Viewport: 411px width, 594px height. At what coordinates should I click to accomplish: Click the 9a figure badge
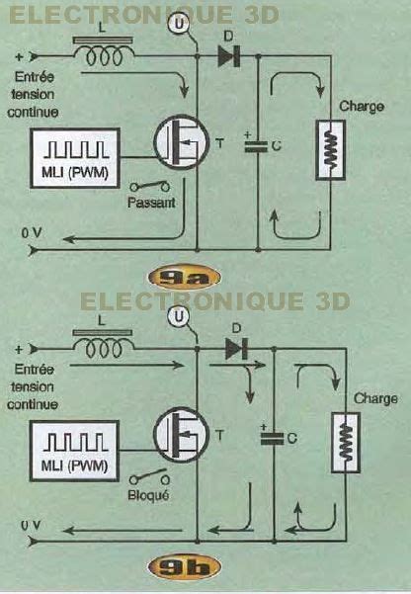(184, 278)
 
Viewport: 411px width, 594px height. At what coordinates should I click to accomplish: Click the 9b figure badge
(184, 567)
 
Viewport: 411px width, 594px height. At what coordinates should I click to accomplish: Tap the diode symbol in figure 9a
(229, 56)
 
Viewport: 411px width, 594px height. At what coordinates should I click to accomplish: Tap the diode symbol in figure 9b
(236, 349)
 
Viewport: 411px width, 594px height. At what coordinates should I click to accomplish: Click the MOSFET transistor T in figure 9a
(182, 142)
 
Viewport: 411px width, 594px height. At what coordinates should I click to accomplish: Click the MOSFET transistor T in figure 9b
(181, 435)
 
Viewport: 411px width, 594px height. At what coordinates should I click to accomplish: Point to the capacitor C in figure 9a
(256, 146)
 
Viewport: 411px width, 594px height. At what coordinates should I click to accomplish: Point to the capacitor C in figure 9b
(272, 438)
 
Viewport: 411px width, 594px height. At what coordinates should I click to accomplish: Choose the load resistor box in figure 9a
(331, 149)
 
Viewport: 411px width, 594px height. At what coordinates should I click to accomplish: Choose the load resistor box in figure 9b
(346, 443)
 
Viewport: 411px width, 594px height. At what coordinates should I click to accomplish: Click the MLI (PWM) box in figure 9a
(75, 158)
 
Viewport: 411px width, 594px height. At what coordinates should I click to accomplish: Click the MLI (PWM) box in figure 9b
(75, 451)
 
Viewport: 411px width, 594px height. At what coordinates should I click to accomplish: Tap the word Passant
(151, 203)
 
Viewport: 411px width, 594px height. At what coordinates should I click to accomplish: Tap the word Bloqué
(148, 495)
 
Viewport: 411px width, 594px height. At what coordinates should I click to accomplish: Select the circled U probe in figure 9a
(180, 24)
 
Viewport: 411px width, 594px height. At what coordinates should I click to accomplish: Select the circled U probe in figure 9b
(179, 316)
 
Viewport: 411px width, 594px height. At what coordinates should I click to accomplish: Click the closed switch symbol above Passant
(150, 186)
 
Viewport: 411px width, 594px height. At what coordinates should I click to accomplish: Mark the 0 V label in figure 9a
(32, 233)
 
